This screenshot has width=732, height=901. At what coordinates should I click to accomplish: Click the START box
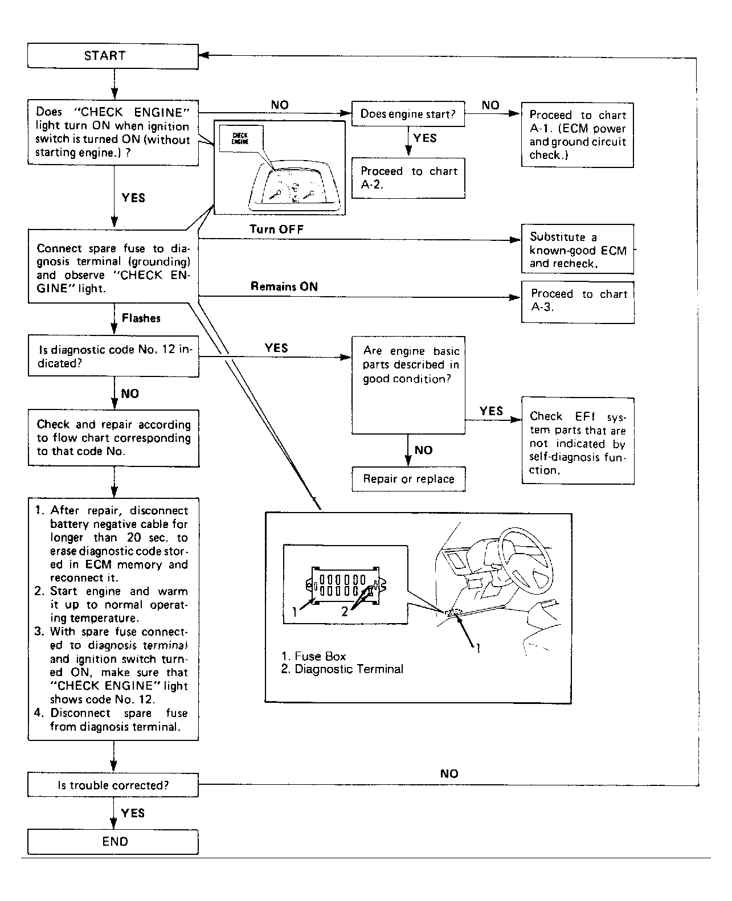pos(113,56)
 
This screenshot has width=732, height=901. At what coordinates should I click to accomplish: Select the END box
pos(113,841)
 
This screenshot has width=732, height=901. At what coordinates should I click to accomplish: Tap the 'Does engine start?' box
pos(408,114)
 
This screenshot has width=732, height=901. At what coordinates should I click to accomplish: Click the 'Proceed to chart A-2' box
pos(408,178)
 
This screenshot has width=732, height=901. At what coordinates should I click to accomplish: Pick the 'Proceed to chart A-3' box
pos(578,301)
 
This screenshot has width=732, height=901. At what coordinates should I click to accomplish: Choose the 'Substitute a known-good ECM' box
pos(578,250)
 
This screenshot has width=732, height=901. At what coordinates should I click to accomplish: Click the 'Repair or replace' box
pos(408,479)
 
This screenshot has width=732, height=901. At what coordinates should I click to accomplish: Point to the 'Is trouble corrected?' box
pos(113,785)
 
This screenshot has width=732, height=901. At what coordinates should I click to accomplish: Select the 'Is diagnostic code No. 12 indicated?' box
pos(113,357)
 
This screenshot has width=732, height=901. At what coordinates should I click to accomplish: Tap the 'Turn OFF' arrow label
pos(276,229)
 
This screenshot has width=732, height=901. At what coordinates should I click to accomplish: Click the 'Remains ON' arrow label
pos(284,286)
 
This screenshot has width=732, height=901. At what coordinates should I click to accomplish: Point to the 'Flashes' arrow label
pos(141,318)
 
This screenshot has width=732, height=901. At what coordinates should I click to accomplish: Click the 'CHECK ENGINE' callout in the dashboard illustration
pos(240,138)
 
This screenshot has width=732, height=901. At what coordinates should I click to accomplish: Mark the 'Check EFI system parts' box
pos(578,443)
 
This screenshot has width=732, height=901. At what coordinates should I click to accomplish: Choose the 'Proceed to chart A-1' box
pos(577,135)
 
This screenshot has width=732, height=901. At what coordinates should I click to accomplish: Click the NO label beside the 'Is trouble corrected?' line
pos(449,773)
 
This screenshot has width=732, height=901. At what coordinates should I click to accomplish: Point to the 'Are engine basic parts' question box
pos(408,385)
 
